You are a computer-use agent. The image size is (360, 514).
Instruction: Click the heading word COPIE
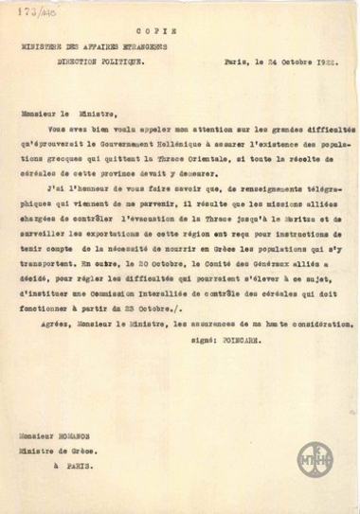pos(179,30)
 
